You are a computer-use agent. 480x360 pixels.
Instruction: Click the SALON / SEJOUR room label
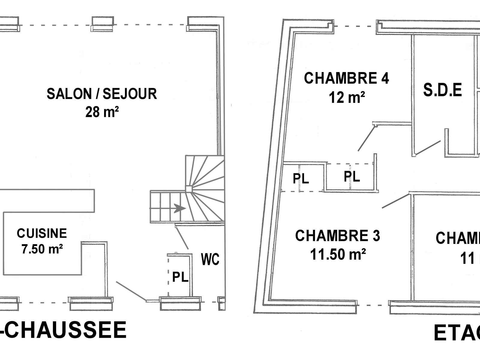(102, 94)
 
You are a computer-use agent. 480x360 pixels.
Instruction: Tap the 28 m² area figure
(102, 112)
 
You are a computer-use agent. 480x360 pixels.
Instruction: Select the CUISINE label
(42, 233)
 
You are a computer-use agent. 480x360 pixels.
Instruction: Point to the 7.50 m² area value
(42, 249)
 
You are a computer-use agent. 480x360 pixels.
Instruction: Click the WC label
(210, 259)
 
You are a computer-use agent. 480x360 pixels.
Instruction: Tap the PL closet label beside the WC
(180, 277)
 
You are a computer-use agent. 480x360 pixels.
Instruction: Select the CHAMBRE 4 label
(346, 78)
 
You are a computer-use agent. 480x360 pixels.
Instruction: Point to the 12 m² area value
(347, 97)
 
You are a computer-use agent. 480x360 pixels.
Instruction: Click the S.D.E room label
(442, 90)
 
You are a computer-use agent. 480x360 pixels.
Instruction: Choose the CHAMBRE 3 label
(337, 236)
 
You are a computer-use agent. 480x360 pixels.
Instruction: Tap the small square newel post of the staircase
(188, 189)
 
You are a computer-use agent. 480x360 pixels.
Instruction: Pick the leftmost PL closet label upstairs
(301, 179)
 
